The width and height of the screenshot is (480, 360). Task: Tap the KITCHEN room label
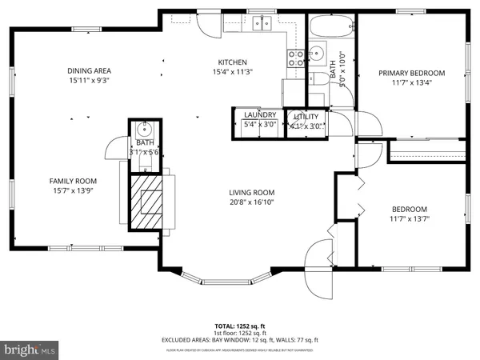tap(233, 62)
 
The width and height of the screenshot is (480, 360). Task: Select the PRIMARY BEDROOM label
tap(411, 73)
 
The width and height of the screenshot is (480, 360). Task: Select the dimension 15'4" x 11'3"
tap(233, 72)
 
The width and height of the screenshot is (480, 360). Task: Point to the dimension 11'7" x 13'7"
tap(408, 218)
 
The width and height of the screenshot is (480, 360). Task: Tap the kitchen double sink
tap(262, 22)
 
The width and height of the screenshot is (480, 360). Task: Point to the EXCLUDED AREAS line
tap(239, 341)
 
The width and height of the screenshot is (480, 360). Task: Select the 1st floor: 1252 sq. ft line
tap(239, 334)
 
